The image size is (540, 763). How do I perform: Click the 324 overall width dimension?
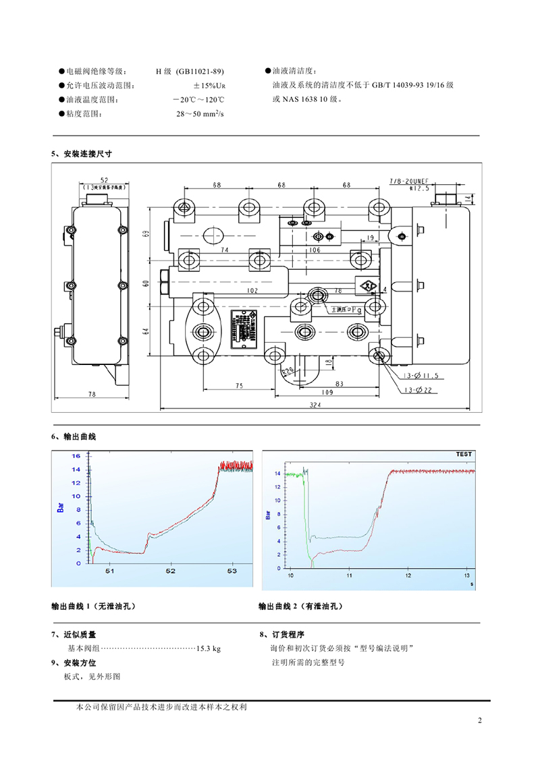tap(315, 404)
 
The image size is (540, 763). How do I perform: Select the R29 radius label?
tap(288, 370)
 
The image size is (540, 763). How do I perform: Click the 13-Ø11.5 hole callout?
tap(421, 375)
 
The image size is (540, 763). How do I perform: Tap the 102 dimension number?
tap(252, 291)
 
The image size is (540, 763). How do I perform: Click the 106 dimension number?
tap(315, 250)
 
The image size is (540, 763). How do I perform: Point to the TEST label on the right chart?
tap(464, 454)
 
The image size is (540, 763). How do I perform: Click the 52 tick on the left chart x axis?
tap(170, 571)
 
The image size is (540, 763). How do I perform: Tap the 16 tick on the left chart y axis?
tap(77, 456)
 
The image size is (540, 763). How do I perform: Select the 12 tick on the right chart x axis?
tap(408, 576)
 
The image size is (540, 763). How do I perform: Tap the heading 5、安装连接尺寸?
tap(82, 154)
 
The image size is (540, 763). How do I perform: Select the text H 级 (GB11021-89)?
tap(190, 72)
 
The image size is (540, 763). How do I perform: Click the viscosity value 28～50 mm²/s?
tap(200, 115)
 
